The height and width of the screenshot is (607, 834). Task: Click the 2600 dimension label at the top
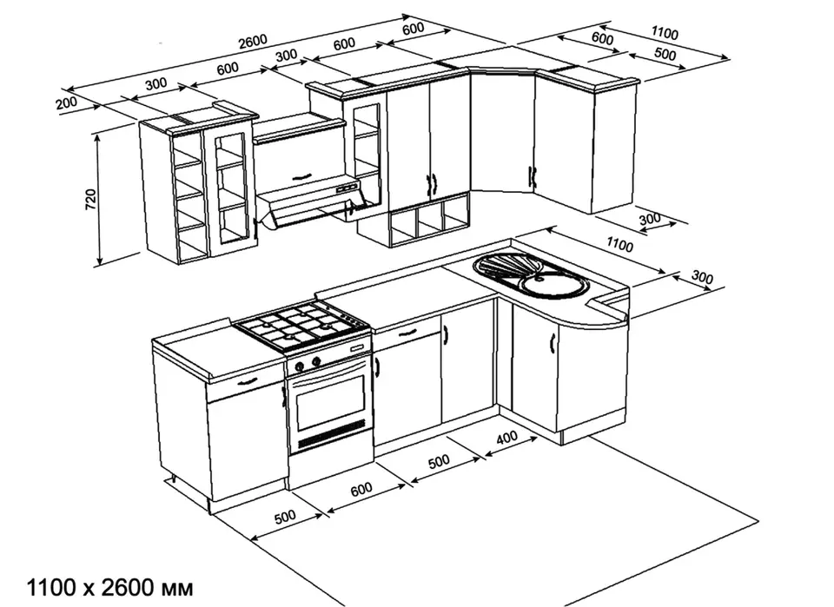click(x=253, y=42)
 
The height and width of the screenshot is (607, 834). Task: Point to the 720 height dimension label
click(x=91, y=199)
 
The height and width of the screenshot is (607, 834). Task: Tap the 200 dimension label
click(x=67, y=102)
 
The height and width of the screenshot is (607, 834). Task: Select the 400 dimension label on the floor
click(x=506, y=438)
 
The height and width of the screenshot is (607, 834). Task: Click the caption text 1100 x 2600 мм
click(x=110, y=588)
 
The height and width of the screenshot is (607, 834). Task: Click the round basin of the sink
click(x=555, y=285)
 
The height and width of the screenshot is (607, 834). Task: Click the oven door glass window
click(x=331, y=399)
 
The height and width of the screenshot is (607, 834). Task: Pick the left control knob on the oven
click(x=300, y=366)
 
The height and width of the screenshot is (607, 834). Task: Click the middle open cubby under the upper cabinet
click(x=430, y=220)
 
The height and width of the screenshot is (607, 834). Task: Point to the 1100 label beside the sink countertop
click(x=619, y=245)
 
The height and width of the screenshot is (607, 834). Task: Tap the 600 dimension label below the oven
click(x=361, y=489)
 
